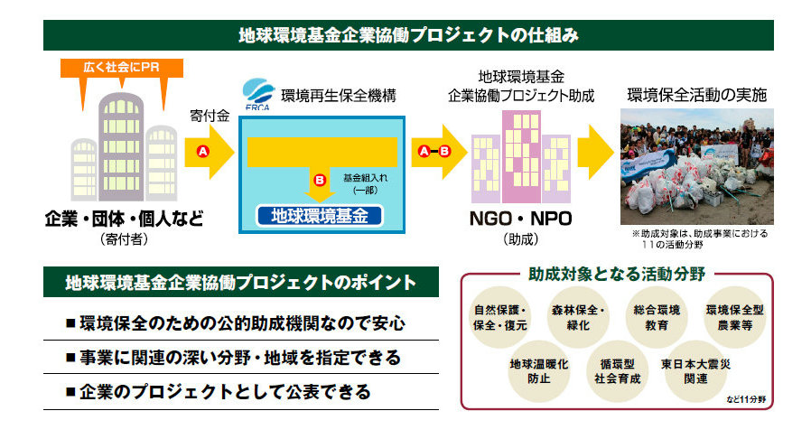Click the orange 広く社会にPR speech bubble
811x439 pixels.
click(x=122, y=69)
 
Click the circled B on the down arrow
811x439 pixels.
click(x=319, y=181)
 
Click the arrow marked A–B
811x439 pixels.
click(x=434, y=152)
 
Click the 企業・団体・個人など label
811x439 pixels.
click(x=125, y=219)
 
